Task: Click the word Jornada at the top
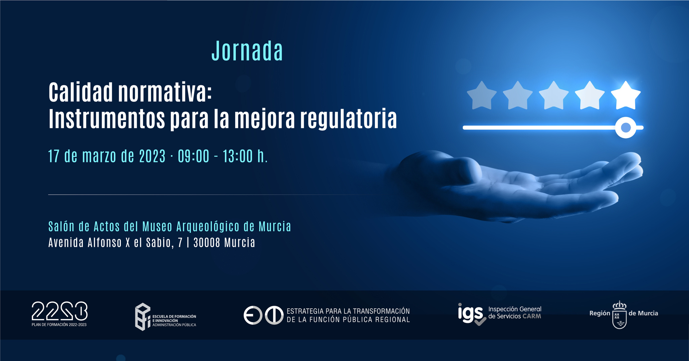[x=247, y=51]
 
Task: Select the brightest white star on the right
[x=625, y=96]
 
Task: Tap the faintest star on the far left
[x=482, y=96]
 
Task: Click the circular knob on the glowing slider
[x=626, y=128]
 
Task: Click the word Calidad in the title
[x=81, y=92]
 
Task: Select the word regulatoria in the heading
[x=348, y=119]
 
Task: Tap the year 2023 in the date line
[x=152, y=156]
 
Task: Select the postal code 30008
[x=207, y=242]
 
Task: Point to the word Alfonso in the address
[x=105, y=242]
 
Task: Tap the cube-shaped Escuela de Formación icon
[x=143, y=317]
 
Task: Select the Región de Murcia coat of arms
[x=619, y=315]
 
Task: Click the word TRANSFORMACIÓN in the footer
[x=381, y=311]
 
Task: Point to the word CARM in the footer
[x=532, y=316]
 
